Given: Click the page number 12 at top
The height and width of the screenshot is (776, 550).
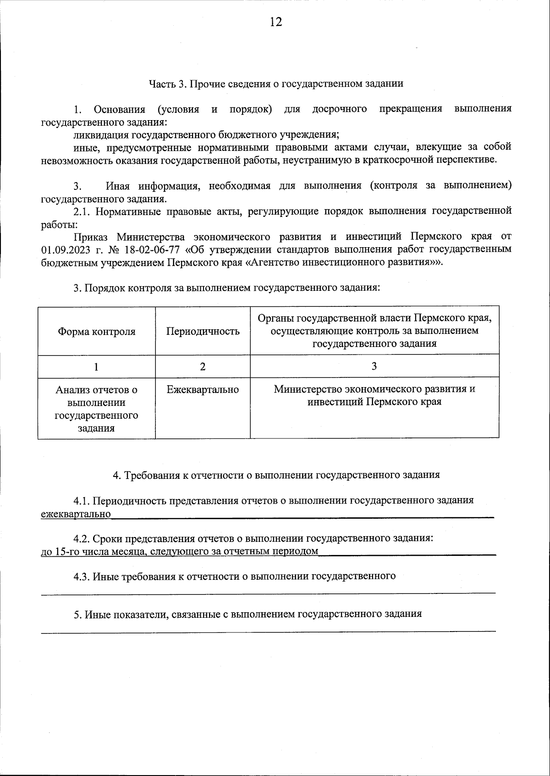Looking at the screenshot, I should pyautogui.click(x=275, y=22).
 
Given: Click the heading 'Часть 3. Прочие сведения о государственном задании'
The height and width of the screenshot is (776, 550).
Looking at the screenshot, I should pyautogui.click(x=275, y=84).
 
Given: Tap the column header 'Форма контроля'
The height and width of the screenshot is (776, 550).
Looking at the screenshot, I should pyautogui.click(x=96, y=332).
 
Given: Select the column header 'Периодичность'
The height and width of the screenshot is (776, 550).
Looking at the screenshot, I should pyautogui.click(x=203, y=332).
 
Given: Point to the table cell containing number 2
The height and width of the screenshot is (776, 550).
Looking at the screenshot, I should pyautogui.click(x=203, y=366).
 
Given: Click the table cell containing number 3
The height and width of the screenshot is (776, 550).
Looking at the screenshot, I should pyautogui.click(x=374, y=366).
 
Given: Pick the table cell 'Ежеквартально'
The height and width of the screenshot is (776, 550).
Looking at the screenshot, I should pyautogui.click(x=203, y=390).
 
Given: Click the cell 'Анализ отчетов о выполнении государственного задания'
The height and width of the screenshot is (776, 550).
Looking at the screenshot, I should pyautogui.click(x=96, y=409).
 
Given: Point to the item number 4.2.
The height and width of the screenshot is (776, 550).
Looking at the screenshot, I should pyautogui.click(x=82, y=538).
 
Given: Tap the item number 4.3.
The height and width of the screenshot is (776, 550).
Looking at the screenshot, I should pyautogui.click(x=82, y=576).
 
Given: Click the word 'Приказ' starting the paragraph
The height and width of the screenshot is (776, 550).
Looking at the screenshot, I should pyautogui.click(x=90, y=237).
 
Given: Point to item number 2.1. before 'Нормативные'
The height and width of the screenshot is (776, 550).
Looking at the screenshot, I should pyautogui.click(x=83, y=211).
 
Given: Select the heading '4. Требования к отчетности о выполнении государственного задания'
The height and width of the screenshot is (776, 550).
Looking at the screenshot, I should pyautogui.click(x=276, y=475).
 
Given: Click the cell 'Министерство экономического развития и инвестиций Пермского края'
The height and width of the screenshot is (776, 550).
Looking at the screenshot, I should pyautogui.click(x=374, y=395).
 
